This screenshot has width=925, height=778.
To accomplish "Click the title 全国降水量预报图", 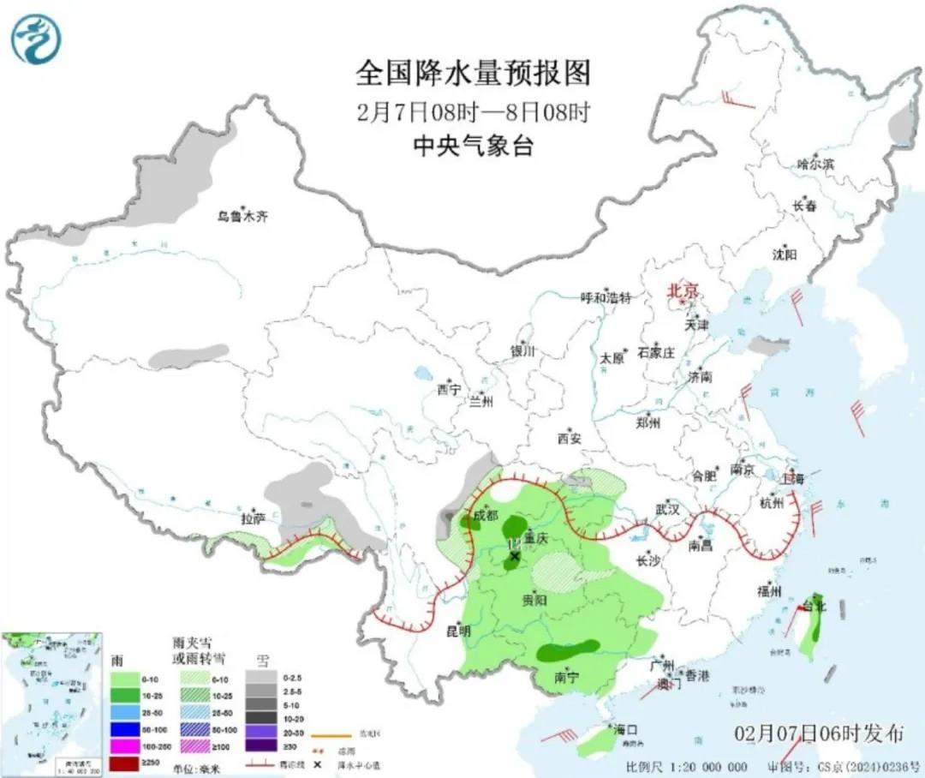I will (x=474, y=74).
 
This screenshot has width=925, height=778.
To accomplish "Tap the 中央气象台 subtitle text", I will (x=474, y=147).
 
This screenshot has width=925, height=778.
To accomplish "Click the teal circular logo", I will (x=35, y=39).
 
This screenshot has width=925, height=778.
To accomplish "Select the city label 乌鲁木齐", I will (x=242, y=217).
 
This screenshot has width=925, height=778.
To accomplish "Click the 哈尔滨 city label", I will (x=815, y=164).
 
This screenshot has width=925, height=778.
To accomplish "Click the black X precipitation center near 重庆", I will (x=514, y=557).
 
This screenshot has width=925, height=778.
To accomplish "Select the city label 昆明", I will (x=459, y=631).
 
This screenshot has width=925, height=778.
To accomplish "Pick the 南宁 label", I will (x=566, y=677).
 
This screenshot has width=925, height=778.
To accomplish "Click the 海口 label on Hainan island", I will (x=626, y=729).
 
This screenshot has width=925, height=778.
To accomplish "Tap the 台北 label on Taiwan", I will (x=815, y=605).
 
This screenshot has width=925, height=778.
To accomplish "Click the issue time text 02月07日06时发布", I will (x=820, y=733).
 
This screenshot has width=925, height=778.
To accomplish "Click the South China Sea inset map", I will (x=51, y=703).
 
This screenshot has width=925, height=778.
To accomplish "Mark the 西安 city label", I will (x=570, y=439).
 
